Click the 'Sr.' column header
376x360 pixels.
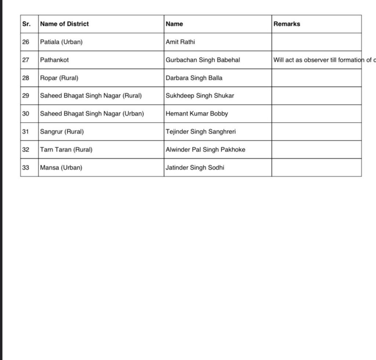click(26, 24)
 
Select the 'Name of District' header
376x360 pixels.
click(64, 24)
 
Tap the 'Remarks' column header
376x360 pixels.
click(287, 24)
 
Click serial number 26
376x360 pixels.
click(26, 42)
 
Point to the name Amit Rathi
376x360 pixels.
click(180, 42)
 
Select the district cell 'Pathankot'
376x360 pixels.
click(54, 60)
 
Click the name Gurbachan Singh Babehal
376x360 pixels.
click(203, 60)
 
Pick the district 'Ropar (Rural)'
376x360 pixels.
click(59, 78)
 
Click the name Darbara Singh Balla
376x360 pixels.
click(194, 78)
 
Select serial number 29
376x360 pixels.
click(26, 96)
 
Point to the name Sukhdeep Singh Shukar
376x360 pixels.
click(200, 96)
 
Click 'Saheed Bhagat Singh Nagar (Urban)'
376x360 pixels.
click(92, 114)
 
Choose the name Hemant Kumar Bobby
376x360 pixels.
click(197, 114)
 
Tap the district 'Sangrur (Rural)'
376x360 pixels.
click(62, 132)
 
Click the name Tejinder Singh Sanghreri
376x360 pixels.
click(200, 132)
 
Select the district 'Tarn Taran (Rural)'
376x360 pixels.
click(66, 150)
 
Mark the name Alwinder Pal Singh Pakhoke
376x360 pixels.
click(205, 150)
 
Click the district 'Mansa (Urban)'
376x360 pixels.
click(61, 168)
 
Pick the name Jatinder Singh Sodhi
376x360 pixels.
click(195, 168)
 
